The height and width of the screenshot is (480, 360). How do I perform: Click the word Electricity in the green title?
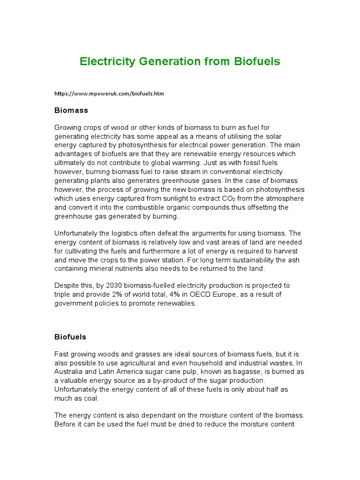[x=107, y=61]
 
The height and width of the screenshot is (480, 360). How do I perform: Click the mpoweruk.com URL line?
[x=109, y=94]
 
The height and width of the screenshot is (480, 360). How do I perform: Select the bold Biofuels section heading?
[x=70, y=337]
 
